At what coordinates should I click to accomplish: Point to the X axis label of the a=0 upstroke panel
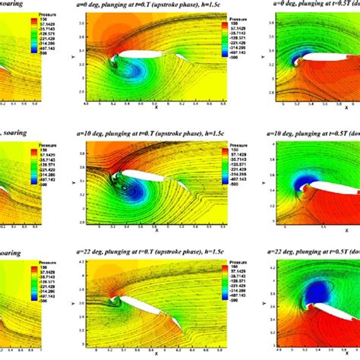[155, 107]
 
